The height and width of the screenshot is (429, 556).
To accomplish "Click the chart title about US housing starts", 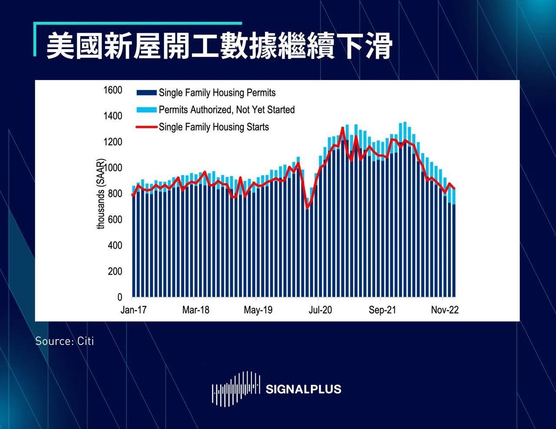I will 219,46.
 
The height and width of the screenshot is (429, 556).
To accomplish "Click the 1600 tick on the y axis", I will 113,90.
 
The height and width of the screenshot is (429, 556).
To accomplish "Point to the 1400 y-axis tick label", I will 113,116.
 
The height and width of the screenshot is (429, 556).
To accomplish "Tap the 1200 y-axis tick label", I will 113,142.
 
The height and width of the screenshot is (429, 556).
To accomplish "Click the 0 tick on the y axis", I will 120,298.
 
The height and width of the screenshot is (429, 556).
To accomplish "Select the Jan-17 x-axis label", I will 133,310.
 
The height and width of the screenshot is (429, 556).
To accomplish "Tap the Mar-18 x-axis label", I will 196,310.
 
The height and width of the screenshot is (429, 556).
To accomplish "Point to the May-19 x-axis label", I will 258,310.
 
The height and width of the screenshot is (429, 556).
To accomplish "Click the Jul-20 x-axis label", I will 320,310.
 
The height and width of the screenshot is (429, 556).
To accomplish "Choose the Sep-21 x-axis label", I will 383,310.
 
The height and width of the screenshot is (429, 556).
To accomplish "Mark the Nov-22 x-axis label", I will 445,310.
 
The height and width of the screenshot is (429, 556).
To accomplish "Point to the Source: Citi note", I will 64,341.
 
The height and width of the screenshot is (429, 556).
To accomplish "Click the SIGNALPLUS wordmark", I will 303,389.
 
